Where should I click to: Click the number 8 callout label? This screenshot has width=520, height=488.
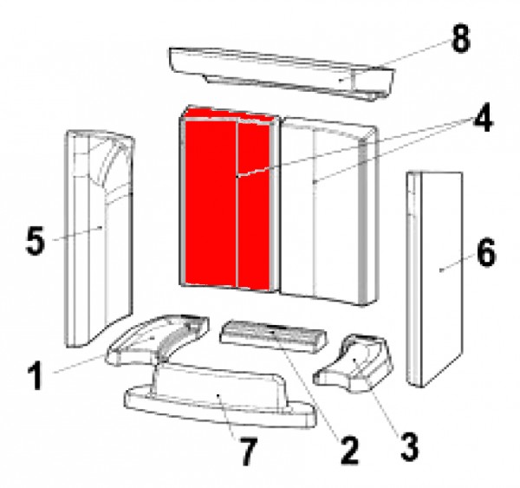[461, 39]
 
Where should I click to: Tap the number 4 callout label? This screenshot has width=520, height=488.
[483, 119]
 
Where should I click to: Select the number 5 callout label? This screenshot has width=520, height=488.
[35, 240]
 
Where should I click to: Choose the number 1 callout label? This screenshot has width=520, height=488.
[36, 376]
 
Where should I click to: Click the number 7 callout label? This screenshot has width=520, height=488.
[248, 452]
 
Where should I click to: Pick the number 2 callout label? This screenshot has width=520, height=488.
[349, 451]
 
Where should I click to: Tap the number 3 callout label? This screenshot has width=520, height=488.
[409, 447]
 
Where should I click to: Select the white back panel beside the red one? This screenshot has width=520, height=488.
[328, 211]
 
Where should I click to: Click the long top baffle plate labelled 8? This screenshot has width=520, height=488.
[282, 74]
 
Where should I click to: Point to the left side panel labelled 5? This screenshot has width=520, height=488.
[99, 238]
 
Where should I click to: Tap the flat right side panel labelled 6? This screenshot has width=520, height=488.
[434, 278]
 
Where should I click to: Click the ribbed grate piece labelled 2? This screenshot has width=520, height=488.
[273, 336]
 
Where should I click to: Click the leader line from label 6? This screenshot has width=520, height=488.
[458, 262]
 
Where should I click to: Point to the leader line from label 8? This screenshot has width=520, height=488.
[395, 60]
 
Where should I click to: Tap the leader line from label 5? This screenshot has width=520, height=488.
[77, 233]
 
